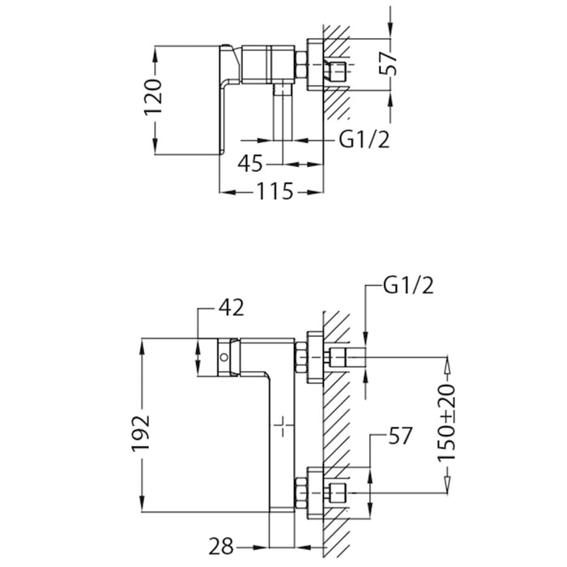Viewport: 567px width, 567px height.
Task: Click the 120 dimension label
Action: [x=152, y=97]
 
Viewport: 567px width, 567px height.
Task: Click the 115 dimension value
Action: [x=275, y=191]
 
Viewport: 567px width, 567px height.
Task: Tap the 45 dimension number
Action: [x=249, y=164]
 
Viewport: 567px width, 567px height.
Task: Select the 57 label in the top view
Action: [x=388, y=63]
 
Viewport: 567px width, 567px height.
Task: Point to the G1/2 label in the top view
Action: [x=364, y=139]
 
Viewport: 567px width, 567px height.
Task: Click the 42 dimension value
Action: [x=231, y=308]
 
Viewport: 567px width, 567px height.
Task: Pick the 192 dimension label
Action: [x=140, y=434]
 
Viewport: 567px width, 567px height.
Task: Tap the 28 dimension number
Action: [x=221, y=547]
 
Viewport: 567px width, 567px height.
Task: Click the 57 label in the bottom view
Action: [x=400, y=436]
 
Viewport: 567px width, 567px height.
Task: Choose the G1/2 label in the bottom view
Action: [x=408, y=286]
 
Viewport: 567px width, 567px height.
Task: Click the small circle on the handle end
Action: [x=224, y=358]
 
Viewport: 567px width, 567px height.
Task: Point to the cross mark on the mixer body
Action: [x=283, y=426]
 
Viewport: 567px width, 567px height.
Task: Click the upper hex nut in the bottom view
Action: [x=301, y=357]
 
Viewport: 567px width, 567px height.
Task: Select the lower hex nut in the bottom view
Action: [x=301, y=493]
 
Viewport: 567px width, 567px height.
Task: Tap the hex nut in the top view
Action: [x=301, y=65]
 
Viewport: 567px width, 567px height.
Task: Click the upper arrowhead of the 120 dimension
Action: [x=155, y=54]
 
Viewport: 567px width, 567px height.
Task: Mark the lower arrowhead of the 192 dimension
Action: [x=143, y=503]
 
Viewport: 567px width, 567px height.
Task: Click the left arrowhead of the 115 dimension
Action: [x=228, y=192]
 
